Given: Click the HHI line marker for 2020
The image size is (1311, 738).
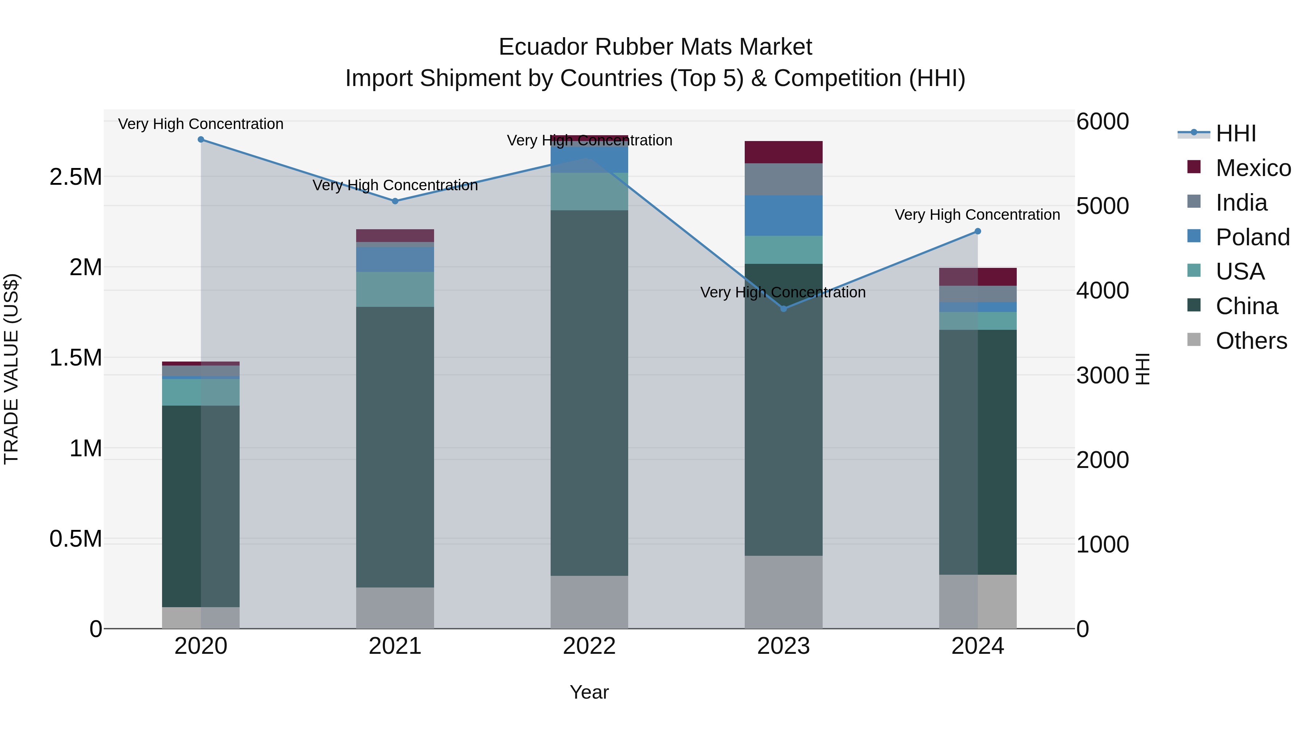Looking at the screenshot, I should coord(201,140).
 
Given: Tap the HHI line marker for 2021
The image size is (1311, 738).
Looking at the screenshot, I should coord(395,201).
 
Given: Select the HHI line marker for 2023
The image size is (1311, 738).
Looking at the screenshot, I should coord(784,309).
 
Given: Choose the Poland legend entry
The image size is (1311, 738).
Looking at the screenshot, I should coord(1252,237).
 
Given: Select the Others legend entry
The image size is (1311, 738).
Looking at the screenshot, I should coord(1251,341).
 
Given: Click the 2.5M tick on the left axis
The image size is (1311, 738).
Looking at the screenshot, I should coord(76,177).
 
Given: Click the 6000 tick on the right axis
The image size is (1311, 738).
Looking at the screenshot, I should coord(1102,122).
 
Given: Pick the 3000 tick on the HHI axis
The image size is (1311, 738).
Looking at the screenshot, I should coord(1102,376).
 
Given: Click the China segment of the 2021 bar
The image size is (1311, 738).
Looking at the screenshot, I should coord(395,447).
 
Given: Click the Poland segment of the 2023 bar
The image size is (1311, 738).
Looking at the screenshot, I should coord(784,215).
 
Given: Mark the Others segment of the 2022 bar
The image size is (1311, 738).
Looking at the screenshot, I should coord(589,602).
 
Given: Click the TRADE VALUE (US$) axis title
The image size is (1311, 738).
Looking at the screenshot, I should coord(11,369).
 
